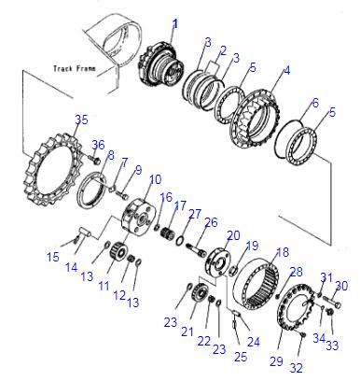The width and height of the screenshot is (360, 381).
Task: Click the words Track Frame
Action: coord(75,68)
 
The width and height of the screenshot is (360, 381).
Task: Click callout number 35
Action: coord(81,120)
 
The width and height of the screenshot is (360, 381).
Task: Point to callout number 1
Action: coord(175,24)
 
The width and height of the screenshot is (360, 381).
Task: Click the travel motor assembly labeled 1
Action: coord(160,67)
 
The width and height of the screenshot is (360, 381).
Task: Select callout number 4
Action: coord(287,70)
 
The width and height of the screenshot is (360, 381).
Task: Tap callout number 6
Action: coord(315,103)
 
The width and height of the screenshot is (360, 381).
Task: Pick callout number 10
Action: coord(156,179)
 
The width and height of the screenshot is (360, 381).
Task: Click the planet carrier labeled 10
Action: coord(137,215)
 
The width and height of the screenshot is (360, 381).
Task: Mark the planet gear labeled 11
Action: coord(118,250)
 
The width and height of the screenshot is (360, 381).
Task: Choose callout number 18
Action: coord(283,252)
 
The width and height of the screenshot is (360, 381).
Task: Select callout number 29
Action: coord(276,361)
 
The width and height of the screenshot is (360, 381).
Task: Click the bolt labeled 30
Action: coord(332,302)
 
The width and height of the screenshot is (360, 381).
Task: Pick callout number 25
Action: coord(241,357)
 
